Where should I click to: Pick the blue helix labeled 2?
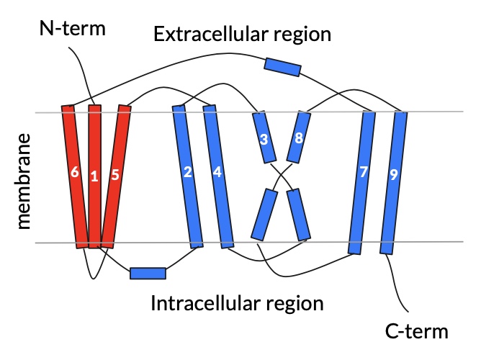click(188, 176)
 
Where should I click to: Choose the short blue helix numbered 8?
click(298, 137)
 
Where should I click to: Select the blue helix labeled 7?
click(362, 180)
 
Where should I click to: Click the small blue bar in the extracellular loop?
click(282, 67)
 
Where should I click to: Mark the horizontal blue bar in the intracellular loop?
click(148, 273)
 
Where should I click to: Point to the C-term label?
click(416, 332)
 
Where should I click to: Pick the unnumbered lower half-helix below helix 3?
click(264, 214)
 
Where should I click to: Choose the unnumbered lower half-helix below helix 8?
click(298, 214)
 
